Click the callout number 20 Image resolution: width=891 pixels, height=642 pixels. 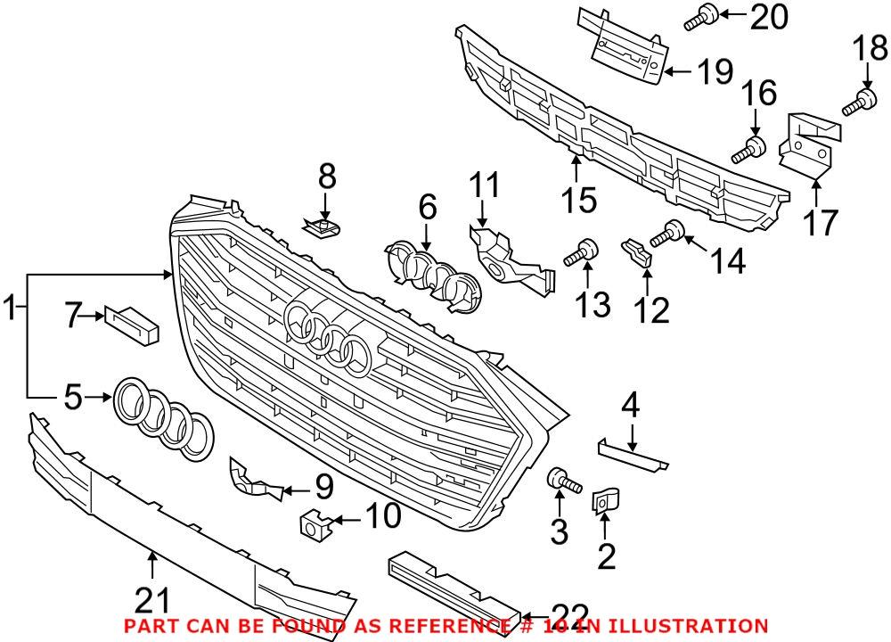tap(769, 16)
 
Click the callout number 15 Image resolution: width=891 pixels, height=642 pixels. tap(581, 200)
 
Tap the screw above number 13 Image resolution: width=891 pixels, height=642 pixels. tap(581, 254)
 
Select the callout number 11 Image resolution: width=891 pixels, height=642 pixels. tap(486, 189)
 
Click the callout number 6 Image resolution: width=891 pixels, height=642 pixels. tap(428, 210)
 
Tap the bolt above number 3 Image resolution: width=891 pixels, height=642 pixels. tap(563, 481)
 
